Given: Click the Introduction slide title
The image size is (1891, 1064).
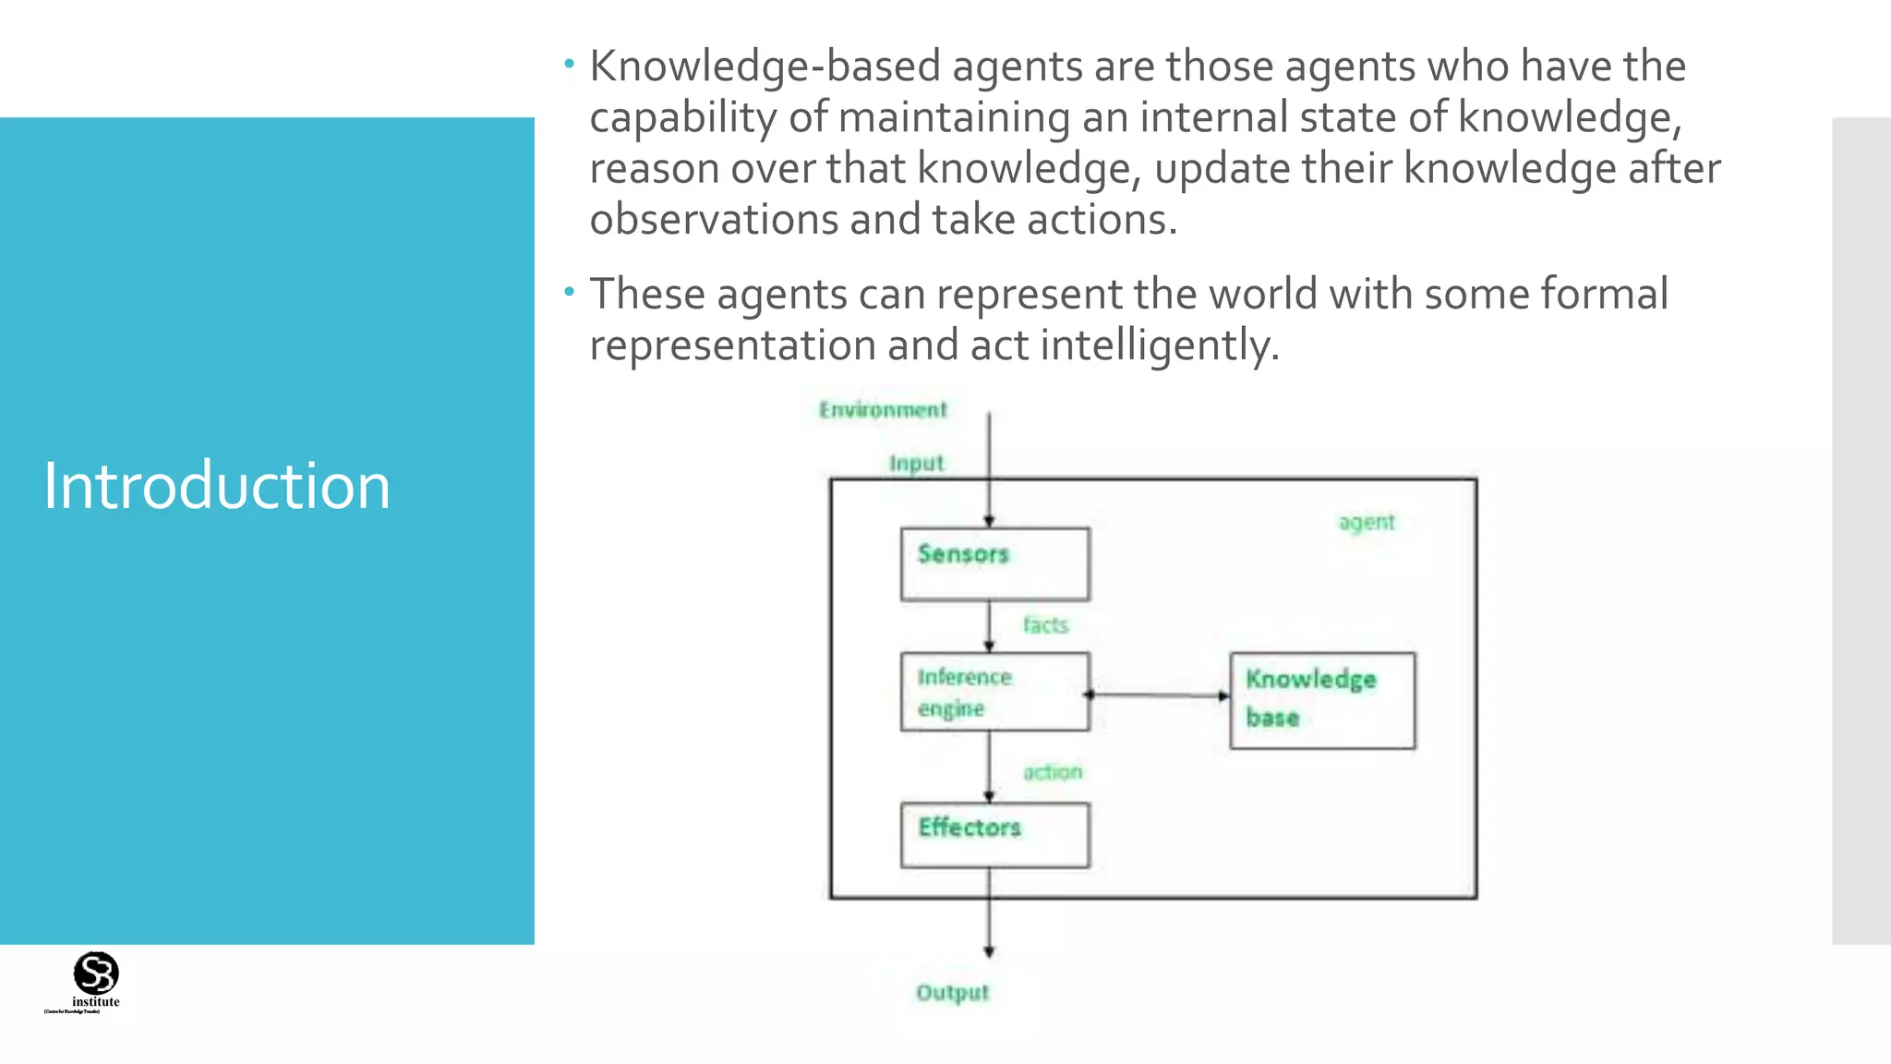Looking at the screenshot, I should (217, 486).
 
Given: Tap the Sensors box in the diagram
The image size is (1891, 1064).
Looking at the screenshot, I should (994, 564).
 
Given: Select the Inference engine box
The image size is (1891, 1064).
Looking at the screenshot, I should (994, 692).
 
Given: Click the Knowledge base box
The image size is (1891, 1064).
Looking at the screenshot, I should (1322, 700).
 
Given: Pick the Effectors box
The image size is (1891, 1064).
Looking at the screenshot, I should (994, 835).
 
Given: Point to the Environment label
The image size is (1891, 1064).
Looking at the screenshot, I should (883, 409).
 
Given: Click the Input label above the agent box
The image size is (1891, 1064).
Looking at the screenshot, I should (916, 463).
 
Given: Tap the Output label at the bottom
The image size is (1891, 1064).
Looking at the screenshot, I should (952, 993).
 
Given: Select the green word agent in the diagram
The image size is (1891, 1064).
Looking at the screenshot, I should (1367, 522).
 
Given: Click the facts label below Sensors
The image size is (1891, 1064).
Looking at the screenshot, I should (1045, 625).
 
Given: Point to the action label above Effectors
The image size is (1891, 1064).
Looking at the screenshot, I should (1053, 772).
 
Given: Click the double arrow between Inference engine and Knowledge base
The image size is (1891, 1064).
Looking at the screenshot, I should (1158, 695).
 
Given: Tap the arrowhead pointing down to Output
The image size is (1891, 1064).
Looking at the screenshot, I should (989, 951).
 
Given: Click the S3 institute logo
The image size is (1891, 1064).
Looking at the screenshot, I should (95, 979).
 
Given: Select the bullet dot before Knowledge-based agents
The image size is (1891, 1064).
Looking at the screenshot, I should (570, 65).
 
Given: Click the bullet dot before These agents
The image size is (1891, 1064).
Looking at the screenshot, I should (570, 293).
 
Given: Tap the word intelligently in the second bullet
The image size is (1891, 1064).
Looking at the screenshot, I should (1160, 345).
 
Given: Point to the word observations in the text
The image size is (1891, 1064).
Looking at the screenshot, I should (713, 220).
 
